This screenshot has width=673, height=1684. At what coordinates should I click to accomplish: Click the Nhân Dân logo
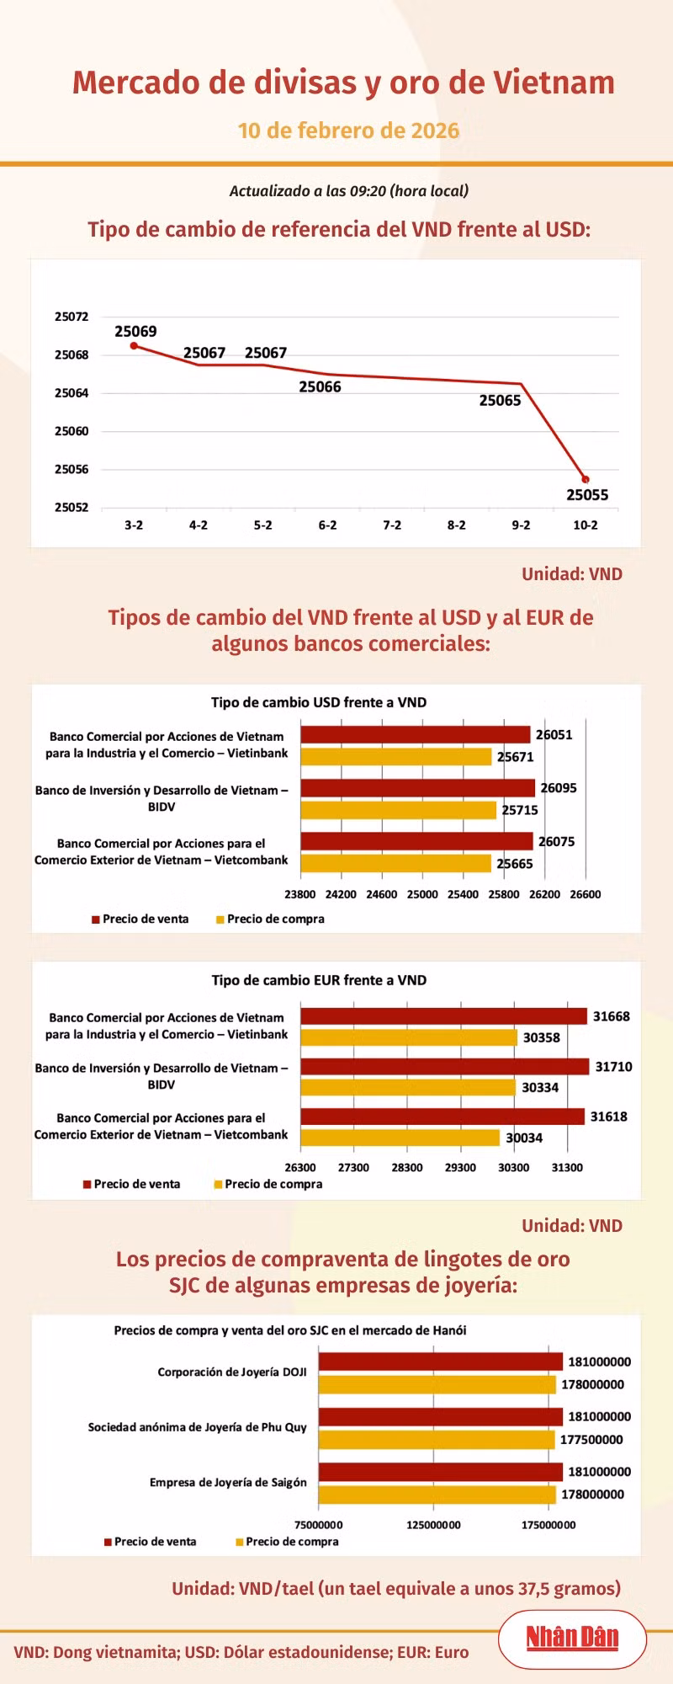pyautogui.click(x=572, y=1637)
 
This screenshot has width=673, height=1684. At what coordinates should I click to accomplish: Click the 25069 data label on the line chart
pyautogui.click(x=135, y=332)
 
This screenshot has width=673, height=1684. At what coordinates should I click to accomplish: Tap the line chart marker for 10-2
pyautogui.click(x=586, y=479)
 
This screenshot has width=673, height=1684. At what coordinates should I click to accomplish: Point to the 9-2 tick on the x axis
pyautogui.click(x=521, y=525)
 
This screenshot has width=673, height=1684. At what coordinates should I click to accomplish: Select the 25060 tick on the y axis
pyautogui.click(x=72, y=431)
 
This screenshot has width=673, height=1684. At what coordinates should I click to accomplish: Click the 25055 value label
pyautogui.click(x=587, y=495)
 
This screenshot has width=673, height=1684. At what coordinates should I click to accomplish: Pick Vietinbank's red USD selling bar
pyautogui.click(x=415, y=734)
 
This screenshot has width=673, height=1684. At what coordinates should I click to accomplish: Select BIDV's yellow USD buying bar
pyautogui.click(x=398, y=810)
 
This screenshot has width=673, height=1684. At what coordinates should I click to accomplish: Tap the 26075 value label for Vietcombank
pyautogui.click(x=556, y=841)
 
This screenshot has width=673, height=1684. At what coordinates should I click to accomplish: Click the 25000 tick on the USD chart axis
pyautogui.click(x=422, y=894)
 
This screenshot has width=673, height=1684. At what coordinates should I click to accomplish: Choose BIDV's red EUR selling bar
pyautogui.click(x=444, y=1067)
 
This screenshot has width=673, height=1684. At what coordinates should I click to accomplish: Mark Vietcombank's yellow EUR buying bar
pyautogui.click(x=400, y=1138)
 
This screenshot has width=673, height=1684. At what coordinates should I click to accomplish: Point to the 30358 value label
pyautogui.click(x=541, y=1037)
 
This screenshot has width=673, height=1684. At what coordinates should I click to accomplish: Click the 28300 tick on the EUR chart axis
pyautogui.click(x=407, y=1168)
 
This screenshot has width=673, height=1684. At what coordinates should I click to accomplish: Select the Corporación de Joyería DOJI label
pyautogui.click(x=232, y=1372)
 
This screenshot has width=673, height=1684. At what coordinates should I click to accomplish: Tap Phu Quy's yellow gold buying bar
pyautogui.click(x=437, y=1439)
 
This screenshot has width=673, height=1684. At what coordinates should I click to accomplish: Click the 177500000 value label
pyautogui.click(x=591, y=1440)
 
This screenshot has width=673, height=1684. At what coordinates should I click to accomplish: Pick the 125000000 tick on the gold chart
pyautogui.click(x=433, y=1525)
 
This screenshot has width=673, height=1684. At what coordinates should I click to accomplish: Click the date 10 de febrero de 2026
pyautogui.click(x=348, y=131)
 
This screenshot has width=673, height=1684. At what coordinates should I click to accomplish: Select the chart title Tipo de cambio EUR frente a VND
pyautogui.click(x=319, y=980)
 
